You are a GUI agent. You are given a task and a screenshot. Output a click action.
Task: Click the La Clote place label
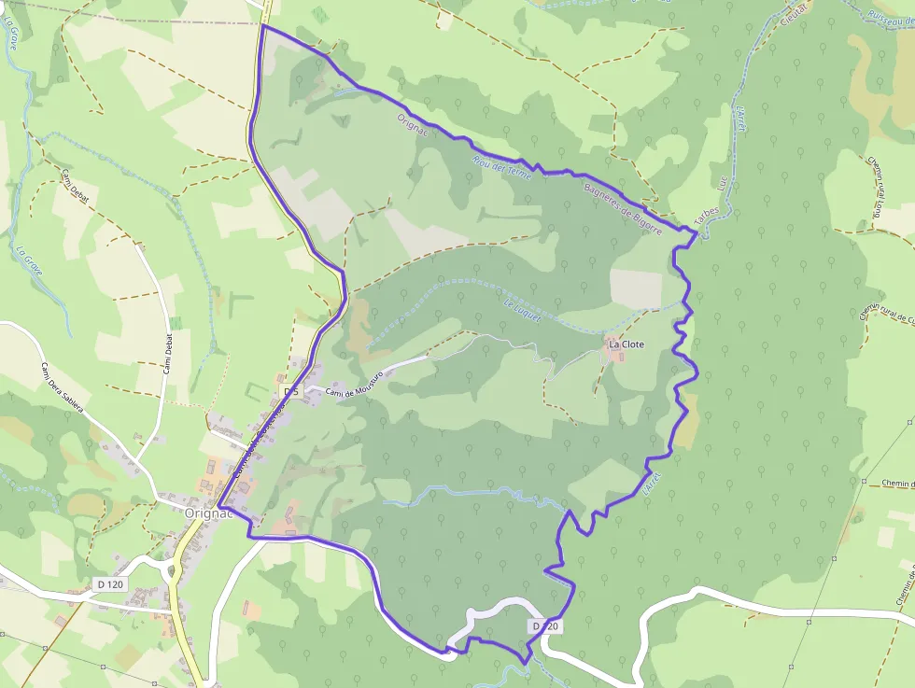tap(626, 344)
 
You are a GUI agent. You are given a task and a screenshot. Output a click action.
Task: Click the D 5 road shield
tap(290, 389)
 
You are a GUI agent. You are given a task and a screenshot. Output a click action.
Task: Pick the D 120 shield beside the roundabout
tap(110, 584)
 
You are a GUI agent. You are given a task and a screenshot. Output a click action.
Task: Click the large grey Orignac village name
tap(207, 512)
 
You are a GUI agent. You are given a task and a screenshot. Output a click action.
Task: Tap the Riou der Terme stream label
tap(501, 167)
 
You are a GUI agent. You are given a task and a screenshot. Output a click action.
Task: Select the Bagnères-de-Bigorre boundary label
tap(623, 207)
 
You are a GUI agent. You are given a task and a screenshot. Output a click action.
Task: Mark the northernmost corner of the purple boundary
tap(263, 26)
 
